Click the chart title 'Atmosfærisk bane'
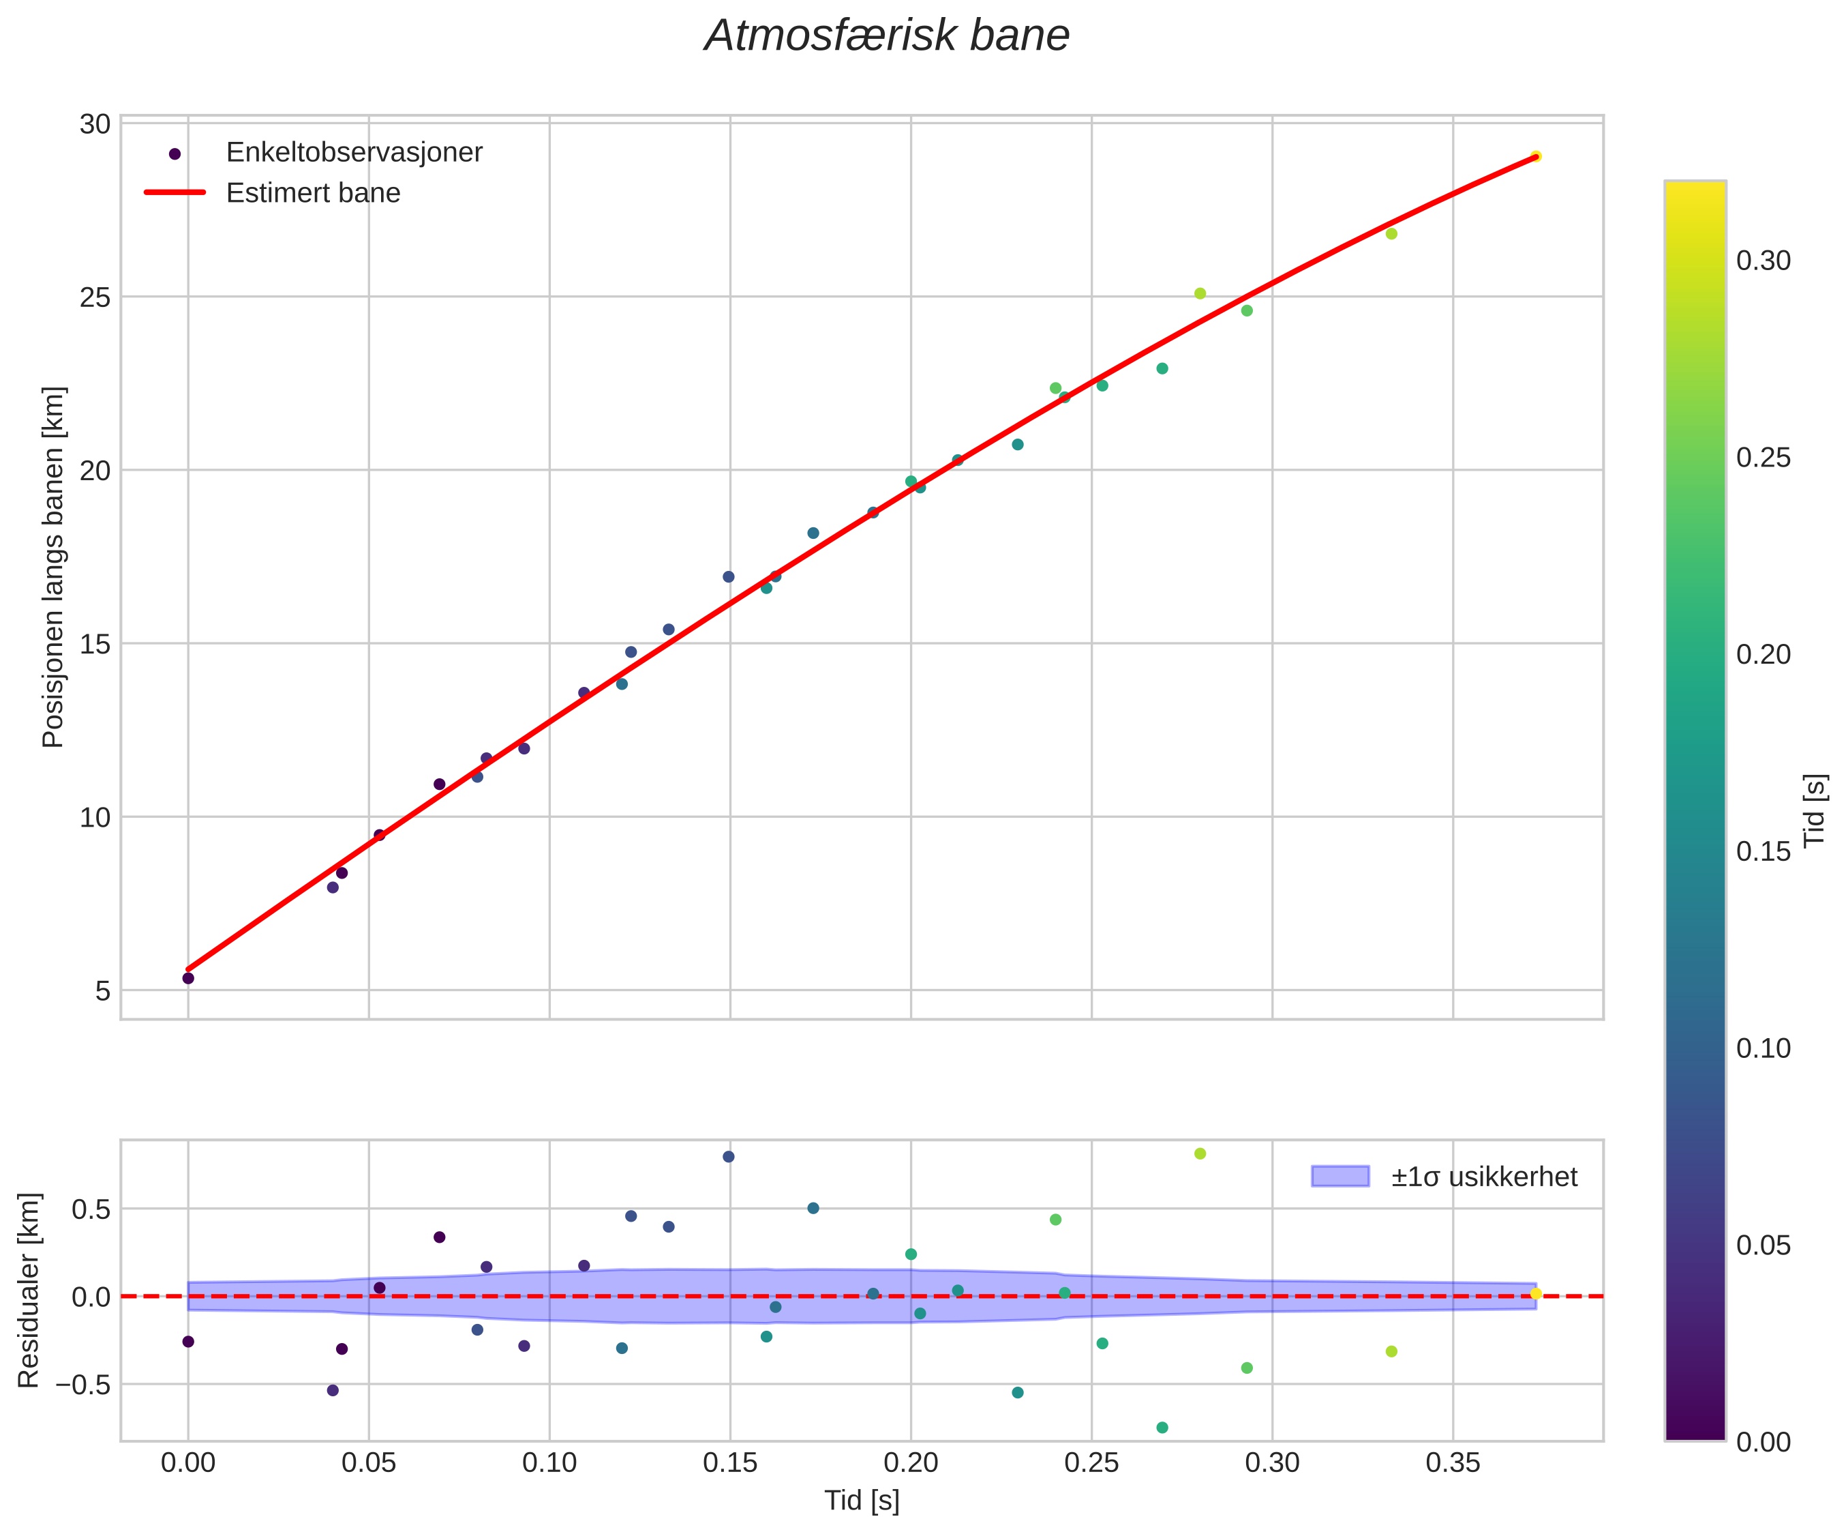[887, 36]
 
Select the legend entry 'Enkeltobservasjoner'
[353, 152]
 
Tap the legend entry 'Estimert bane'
[313, 192]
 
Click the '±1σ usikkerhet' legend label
[1484, 1177]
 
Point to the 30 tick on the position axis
[95, 124]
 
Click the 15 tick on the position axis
[95, 644]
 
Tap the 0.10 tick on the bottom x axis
[549, 1463]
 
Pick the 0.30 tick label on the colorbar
[1764, 261]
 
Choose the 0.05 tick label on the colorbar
[1764, 1246]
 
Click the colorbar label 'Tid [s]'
[1815, 810]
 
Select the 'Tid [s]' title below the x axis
[862, 1501]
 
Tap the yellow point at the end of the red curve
[1536, 156]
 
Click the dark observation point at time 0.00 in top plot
[188, 978]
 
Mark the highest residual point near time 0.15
[729, 1156]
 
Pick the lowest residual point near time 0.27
[1162, 1428]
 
